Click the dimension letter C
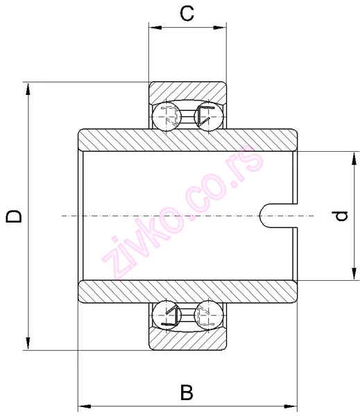[x=187, y=13]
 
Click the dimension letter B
[x=187, y=392]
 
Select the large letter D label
[x=14, y=216]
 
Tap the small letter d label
[x=341, y=216]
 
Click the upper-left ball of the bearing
[x=166, y=116]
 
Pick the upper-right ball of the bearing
[x=209, y=116]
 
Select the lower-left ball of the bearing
[x=166, y=315]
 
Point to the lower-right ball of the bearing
[x=209, y=315]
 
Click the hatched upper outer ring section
[x=187, y=91]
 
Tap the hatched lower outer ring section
[x=187, y=341]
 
